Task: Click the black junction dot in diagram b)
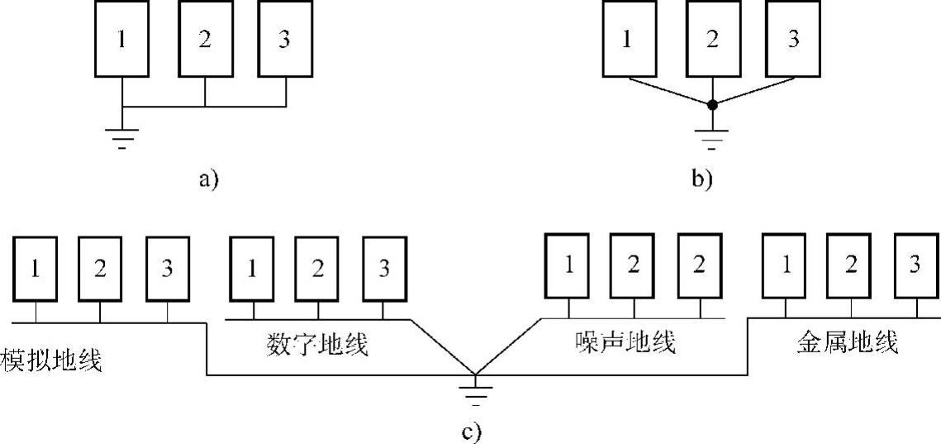click(x=712, y=105)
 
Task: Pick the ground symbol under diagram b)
click(x=712, y=137)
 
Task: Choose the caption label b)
click(x=701, y=179)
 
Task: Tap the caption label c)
click(x=470, y=431)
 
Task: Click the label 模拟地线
click(x=52, y=360)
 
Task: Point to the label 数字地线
click(x=318, y=342)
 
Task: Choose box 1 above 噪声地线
click(x=568, y=265)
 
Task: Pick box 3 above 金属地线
click(x=915, y=265)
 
